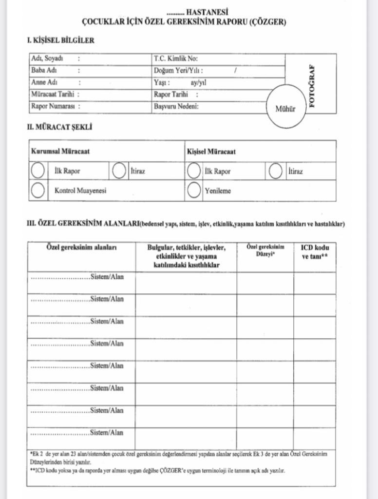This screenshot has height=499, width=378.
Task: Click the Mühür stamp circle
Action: pos(286,109)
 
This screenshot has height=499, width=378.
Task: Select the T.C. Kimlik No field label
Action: pos(176,58)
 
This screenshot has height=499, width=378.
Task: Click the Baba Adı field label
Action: pos(43,70)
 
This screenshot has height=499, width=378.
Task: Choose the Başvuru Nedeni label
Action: pos(176,106)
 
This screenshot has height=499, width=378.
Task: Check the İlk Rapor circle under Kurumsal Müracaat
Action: pos(38,171)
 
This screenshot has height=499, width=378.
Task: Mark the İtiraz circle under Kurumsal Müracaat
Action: pos(119,171)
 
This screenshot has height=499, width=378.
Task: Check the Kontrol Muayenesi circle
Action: pos(38,191)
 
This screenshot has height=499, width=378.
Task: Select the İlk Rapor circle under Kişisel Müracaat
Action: pos(194,171)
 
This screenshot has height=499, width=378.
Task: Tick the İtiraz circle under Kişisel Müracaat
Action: pos(276,171)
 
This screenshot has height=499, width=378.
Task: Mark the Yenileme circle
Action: pos(194,191)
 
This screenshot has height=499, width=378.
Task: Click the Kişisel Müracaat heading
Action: pos(211,152)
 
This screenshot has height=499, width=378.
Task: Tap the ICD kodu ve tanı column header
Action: pos(315,251)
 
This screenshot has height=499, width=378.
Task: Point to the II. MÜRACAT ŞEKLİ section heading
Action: pos(59,127)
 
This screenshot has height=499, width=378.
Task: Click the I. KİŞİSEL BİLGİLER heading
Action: pos(60,40)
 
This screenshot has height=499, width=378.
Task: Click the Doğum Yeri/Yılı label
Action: pos(178,71)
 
